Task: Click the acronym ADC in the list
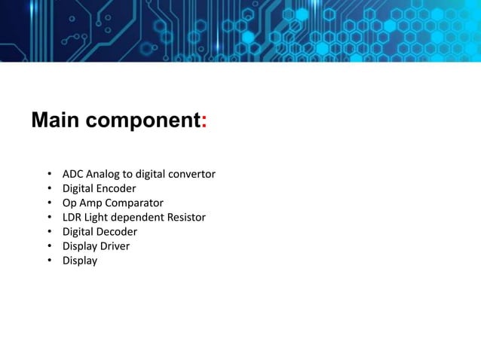(x=74, y=174)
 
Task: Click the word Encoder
(x=116, y=188)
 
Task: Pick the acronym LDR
(x=73, y=218)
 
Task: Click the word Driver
(x=117, y=246)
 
